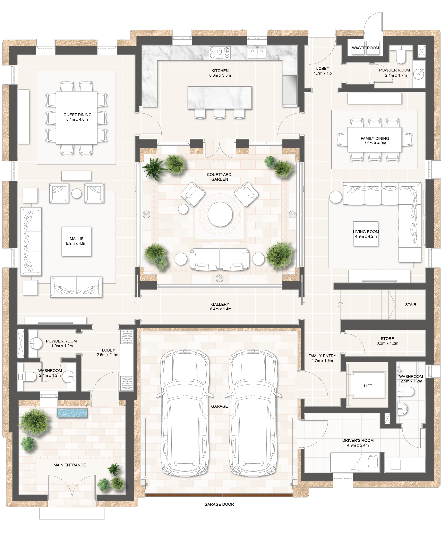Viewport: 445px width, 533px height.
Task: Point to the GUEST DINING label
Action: click(77, 115)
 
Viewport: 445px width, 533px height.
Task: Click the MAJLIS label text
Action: click(76, 239)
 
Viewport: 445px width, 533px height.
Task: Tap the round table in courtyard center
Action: click(220, 214)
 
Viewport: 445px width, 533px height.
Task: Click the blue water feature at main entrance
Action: click(72, 413)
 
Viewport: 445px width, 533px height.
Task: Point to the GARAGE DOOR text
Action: click(219, 504)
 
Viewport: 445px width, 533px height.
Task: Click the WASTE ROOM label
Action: click(365, 48)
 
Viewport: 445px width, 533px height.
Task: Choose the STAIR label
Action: click(411, 305)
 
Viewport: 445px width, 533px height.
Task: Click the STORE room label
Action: click(387, 339)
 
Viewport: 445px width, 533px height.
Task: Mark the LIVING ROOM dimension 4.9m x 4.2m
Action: click(366, 236)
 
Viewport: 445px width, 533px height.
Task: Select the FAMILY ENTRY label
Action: click(322, 356)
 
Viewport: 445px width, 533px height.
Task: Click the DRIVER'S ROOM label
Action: click(358, 440)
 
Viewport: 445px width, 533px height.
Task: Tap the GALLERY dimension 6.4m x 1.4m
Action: click(221, 309)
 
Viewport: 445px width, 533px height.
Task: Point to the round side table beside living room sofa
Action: click(335, 197)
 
